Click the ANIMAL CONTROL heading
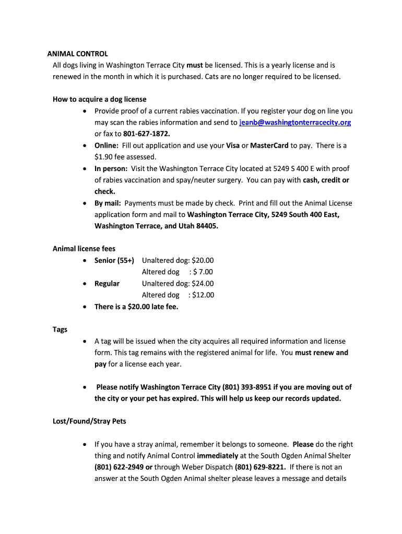pos(78,54)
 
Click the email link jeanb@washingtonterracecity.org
pos(295,123)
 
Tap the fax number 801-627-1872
pos(147,134)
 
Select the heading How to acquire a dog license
pos(100,99)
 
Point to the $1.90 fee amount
pos(103,157)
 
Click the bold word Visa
pos(233,145)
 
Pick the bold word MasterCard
pos(269,145)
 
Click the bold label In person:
pos(111,168)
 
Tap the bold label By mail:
pos(108,203)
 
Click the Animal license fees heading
pos(84,249)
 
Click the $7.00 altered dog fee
pos(203,272)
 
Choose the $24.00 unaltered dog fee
pos(203,283)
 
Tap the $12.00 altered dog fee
pos(203,295)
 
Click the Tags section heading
pos(60,330)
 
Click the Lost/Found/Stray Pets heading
pos(89,421)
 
